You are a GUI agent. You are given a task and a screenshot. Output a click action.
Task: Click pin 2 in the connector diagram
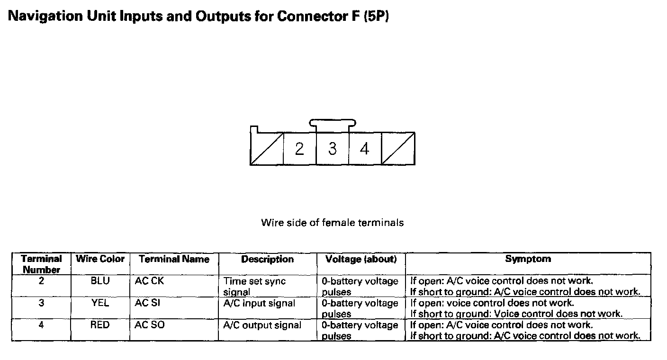coord(299,149)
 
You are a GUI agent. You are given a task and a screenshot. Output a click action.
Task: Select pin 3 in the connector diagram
coord(333,149)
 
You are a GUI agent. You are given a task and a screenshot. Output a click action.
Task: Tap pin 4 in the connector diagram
coord(364,149)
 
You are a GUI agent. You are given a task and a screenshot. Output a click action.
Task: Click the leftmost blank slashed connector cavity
coord(267,149)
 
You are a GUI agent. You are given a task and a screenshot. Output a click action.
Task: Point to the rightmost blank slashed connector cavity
coord(398,149)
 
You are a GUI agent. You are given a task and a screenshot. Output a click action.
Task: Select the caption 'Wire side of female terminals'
coord(332,222)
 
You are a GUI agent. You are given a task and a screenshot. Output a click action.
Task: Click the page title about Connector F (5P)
coord(199,17)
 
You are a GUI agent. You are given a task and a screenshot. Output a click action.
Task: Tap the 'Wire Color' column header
coord(100,259)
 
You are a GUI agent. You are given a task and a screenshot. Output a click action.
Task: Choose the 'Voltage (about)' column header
coord(361,259)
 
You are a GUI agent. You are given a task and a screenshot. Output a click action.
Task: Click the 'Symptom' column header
coord(528,259)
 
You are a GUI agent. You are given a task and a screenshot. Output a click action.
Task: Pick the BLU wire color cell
coord(100,281)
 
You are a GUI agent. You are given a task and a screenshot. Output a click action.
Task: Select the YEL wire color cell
coord(100,303)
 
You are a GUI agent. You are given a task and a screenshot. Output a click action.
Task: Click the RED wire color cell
coord(100,325)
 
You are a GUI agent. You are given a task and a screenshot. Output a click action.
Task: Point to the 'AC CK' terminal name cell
coord(149,281)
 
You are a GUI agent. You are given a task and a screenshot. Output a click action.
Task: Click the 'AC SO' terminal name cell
coord(150,325)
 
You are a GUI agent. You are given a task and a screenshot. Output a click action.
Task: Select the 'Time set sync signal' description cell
coord(254,286)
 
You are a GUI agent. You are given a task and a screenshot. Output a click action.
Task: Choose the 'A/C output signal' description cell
coord(262,325)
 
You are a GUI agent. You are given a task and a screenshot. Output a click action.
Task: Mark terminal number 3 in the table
coord(42,303)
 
